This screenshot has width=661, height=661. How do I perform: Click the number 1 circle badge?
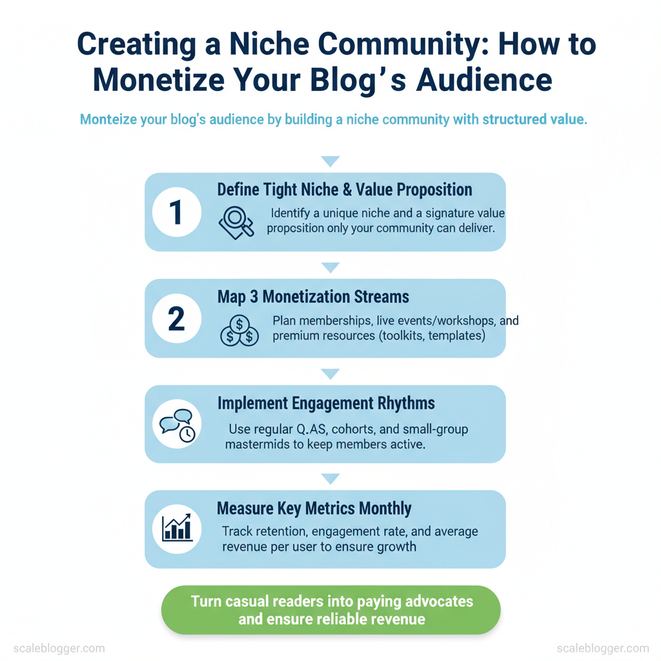point(177,212)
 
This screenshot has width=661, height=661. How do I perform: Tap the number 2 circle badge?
point(177,318)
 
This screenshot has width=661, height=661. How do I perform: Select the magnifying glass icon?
point(236,223)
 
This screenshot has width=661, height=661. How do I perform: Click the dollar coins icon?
point(239,331)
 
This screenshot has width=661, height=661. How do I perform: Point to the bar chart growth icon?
point(177,528)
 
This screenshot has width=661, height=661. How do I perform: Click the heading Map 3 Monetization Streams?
point(313,297)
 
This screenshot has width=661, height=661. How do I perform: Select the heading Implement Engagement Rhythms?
point(326,403)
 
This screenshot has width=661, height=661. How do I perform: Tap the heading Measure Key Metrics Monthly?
point(314,509)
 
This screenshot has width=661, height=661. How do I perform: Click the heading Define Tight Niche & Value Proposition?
point(345,190)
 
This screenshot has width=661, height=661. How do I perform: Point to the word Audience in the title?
point(484,80)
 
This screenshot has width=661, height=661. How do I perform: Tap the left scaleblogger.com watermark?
point(59,648)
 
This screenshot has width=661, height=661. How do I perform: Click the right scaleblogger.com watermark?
point(603,648)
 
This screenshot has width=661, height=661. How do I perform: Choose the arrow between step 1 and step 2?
point(330,267)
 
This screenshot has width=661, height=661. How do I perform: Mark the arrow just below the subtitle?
point(330,161)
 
